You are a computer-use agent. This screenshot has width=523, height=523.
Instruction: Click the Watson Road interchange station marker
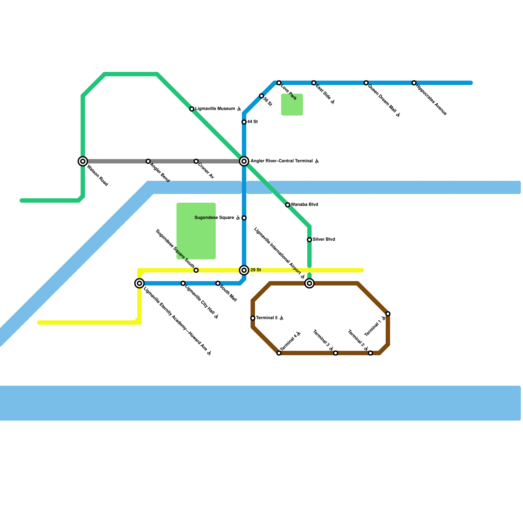(x=83, y=161)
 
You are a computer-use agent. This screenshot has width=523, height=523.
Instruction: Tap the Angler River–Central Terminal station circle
(x=244, y=161)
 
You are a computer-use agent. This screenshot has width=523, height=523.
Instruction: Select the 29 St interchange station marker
(x=244, y=270)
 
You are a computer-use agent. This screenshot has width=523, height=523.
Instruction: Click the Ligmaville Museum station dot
(x=192, y=109)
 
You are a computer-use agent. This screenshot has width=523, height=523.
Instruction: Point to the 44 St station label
(x=252, y=122)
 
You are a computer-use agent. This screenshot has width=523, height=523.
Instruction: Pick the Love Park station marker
(x=279, y=83)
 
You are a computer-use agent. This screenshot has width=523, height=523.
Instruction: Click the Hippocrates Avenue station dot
(x=414, y=83)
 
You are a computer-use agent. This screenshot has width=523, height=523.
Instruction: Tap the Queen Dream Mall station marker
(x=366, y=83)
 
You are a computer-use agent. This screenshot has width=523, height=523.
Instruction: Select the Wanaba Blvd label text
(x=304, y=205)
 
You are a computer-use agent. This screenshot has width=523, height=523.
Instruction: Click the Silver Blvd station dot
(x=309, y=240)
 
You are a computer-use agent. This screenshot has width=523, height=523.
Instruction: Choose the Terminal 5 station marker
(x=253, y=318)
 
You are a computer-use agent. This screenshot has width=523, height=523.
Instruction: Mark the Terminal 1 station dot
(x=388, y=314)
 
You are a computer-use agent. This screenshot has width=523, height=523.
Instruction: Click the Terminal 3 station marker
(x=335, y=353)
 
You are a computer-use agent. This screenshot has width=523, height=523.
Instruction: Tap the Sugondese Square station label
(x=214, y=218)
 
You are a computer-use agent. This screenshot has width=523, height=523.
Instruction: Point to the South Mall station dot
(x=218, y=283)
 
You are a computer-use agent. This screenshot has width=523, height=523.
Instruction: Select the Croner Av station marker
(x=196, y=161)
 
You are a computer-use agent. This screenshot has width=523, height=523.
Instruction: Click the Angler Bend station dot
(x=148, y=161)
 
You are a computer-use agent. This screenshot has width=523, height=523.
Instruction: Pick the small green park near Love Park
(x=292, y=105)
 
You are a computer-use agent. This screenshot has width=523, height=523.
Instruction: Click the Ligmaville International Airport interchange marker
(x=309, y=283)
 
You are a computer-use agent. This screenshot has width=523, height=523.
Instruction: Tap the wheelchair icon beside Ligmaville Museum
(x=239, y=109)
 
